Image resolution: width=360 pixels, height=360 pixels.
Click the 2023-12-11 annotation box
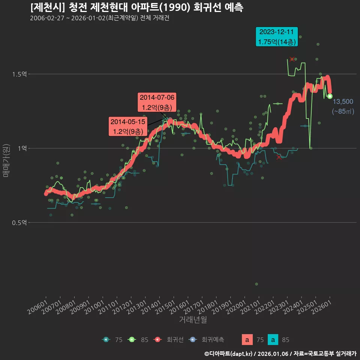pos(276,37)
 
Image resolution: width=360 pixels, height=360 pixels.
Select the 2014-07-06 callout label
pos(157,102)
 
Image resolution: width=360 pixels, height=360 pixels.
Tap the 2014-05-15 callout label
pos(127,126)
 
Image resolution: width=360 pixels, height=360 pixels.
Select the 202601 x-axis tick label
pos(322,307)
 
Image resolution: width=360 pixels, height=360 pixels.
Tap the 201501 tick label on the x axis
pos(166,307)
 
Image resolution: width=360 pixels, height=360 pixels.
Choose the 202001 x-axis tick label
pos(237,307)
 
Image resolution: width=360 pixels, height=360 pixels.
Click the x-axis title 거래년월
pos(193,320)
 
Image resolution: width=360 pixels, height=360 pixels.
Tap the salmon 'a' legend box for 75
pos(247,340)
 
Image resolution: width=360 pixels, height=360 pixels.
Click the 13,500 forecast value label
pos(343,102)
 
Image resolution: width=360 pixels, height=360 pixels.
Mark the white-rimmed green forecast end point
pos(330,96)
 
